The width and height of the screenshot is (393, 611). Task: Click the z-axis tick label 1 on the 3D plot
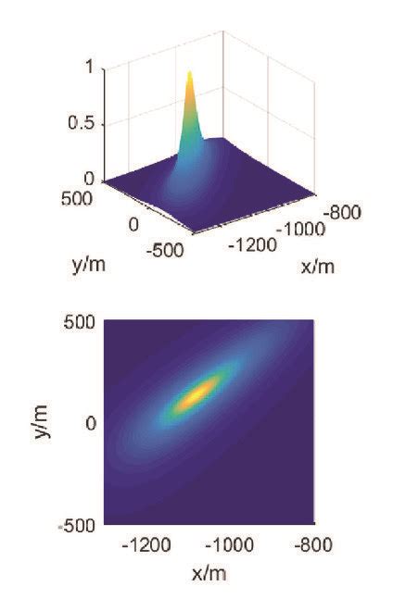tap(88, 67)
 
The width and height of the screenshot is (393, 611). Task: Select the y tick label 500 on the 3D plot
tap(80, 198)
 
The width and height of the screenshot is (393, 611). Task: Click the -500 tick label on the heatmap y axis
tap(79, 526)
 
